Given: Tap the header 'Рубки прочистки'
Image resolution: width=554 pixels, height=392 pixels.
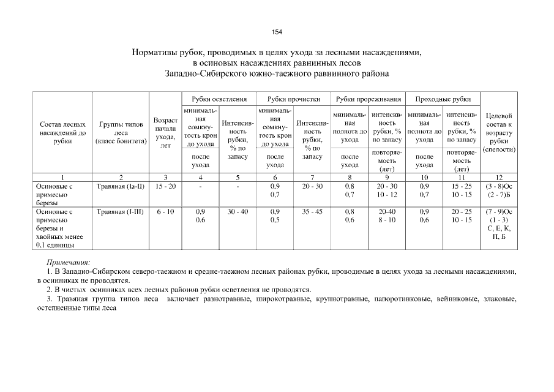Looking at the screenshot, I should (x=294, y=99).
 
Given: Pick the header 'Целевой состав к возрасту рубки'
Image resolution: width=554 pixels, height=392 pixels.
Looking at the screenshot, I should (x=499, y=132).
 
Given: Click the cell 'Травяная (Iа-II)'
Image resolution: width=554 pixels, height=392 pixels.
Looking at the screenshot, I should (x=120, y=184).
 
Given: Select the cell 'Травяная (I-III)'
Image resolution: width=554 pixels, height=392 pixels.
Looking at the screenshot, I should (x=120, y=211).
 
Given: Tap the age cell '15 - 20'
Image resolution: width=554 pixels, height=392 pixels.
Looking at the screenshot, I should (x=165, y=184).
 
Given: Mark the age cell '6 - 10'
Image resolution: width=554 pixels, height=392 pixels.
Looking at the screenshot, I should (x=165, y=211).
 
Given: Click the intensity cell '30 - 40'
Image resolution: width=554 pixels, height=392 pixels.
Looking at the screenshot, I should (x=238, y=211).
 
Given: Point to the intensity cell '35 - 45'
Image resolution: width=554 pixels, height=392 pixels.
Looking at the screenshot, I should (x=312, y=211).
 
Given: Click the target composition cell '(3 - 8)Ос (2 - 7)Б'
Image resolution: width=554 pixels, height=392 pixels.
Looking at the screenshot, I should (x=499, y=189).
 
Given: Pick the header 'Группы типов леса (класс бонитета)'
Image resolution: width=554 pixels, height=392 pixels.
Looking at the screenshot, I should (x=120, y=132).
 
